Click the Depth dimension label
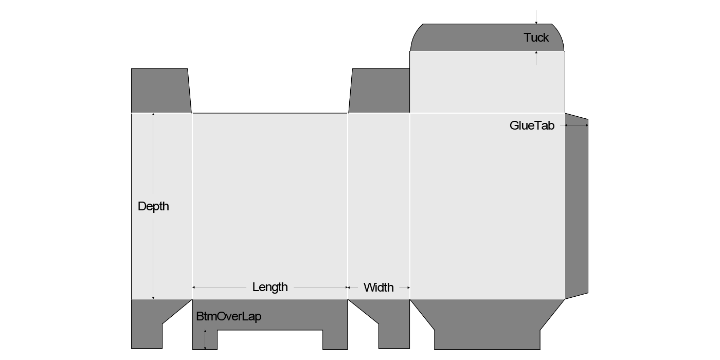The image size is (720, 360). tap(153, 206)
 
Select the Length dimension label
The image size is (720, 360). tap(270, 287)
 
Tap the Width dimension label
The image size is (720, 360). tap(379, 287)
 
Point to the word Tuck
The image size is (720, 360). tap(536, 38)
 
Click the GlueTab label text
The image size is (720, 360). tap(532, 125)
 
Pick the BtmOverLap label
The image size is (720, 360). tap(229, 316)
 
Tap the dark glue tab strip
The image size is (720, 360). tap(577, 206)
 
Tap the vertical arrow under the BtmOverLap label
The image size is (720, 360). tap(205, 339)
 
